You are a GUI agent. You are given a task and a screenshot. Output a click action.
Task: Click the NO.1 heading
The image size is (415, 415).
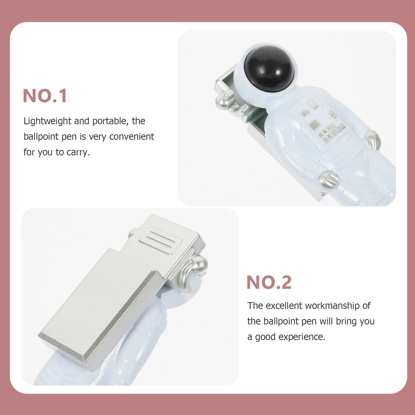[45, 96]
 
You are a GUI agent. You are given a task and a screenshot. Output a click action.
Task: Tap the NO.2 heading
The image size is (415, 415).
[269, 282]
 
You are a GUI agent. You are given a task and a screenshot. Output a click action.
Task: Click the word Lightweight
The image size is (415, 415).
[47, 121]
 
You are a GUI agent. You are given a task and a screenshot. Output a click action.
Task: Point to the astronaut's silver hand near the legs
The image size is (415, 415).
[329, 179]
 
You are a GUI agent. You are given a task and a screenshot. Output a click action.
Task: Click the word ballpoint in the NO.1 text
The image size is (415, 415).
[41, 137]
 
